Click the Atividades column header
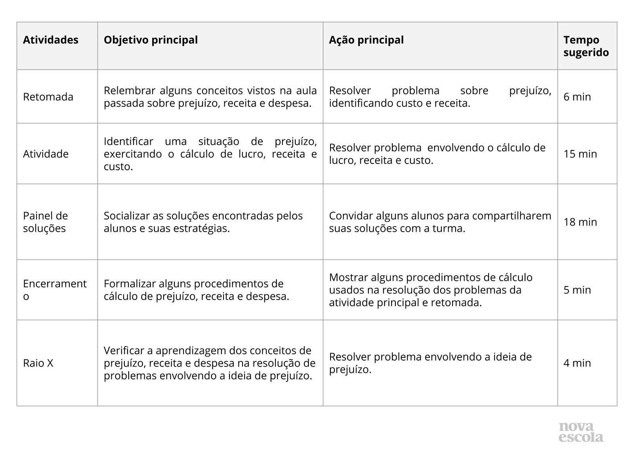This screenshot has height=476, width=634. (51, 40)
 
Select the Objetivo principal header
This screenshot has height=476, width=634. (151, 40)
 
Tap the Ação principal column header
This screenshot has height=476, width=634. (366, 40)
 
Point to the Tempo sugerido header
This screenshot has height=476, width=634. (586, 46)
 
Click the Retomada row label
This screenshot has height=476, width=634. (48, 97)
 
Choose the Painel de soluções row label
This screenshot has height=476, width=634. (45, 222)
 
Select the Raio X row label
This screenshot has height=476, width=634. (38, 363)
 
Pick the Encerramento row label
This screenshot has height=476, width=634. (54, 290)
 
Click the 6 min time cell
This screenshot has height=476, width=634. (577, 97)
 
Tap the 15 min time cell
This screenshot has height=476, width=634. (580, 154)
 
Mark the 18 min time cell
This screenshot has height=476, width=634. (580, 222)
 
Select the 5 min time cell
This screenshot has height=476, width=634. (577, 290)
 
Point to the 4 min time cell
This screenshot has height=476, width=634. (577, 363)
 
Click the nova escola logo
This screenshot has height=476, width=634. (581, 432)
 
